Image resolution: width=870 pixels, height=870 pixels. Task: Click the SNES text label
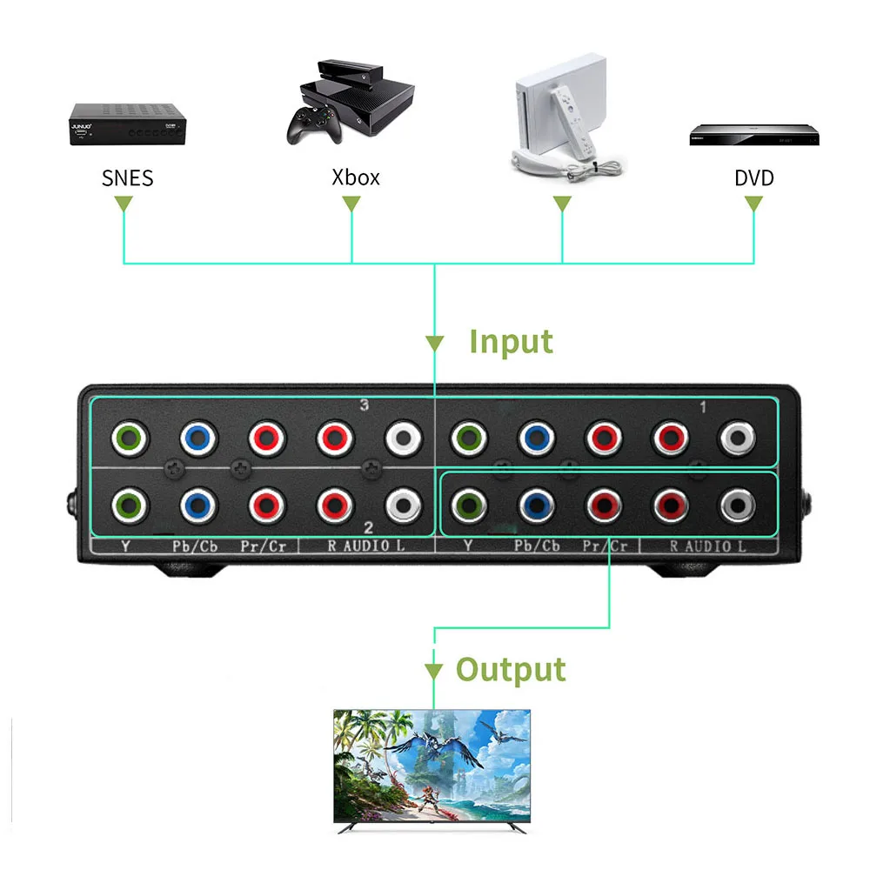[127, 178]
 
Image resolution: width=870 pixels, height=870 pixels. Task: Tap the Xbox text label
[356, 177]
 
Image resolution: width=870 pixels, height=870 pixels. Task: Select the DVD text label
[753, 178]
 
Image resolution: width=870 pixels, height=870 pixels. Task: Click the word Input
[511, 341]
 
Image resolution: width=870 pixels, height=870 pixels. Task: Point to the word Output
[511, 670]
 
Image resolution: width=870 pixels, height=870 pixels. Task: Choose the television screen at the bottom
[432, 766]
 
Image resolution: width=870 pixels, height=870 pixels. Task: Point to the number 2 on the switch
[368, 527]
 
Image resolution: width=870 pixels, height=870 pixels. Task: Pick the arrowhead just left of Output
[433, 672]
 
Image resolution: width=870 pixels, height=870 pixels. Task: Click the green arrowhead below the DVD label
[753, 204]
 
